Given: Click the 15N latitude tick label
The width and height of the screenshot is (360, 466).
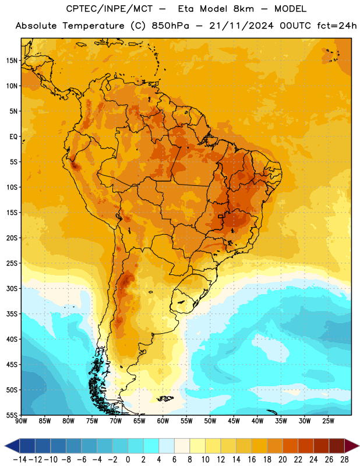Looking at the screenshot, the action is click(12, 61).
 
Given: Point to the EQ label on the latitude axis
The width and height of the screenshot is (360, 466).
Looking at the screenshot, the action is click(13, 137).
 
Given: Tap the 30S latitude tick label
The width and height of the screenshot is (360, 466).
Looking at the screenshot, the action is click(12, 288).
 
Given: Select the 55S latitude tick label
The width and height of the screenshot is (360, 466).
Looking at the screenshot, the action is click(12, 415).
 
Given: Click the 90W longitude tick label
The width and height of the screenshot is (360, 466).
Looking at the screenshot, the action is click(21, 421).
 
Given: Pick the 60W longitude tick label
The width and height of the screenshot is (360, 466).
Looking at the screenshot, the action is click(163, 421).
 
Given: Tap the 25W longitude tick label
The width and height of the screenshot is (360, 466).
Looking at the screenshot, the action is click(328, 421).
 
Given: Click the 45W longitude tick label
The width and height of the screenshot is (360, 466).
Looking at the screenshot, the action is click(234, 421).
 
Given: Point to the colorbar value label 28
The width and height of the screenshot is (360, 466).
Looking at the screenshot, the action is click(344, 460).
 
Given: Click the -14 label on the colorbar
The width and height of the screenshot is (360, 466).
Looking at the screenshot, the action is click(20, 460).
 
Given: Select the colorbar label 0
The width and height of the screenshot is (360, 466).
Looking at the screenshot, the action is click(128, 460).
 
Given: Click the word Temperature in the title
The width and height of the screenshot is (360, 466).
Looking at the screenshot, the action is click(93, 26).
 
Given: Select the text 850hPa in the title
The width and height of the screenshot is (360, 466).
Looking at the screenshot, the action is click(170, 26).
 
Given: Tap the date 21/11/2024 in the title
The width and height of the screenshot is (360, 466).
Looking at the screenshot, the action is click(241, 26).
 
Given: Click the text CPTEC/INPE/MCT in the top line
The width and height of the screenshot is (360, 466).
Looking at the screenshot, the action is click(109, 9).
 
